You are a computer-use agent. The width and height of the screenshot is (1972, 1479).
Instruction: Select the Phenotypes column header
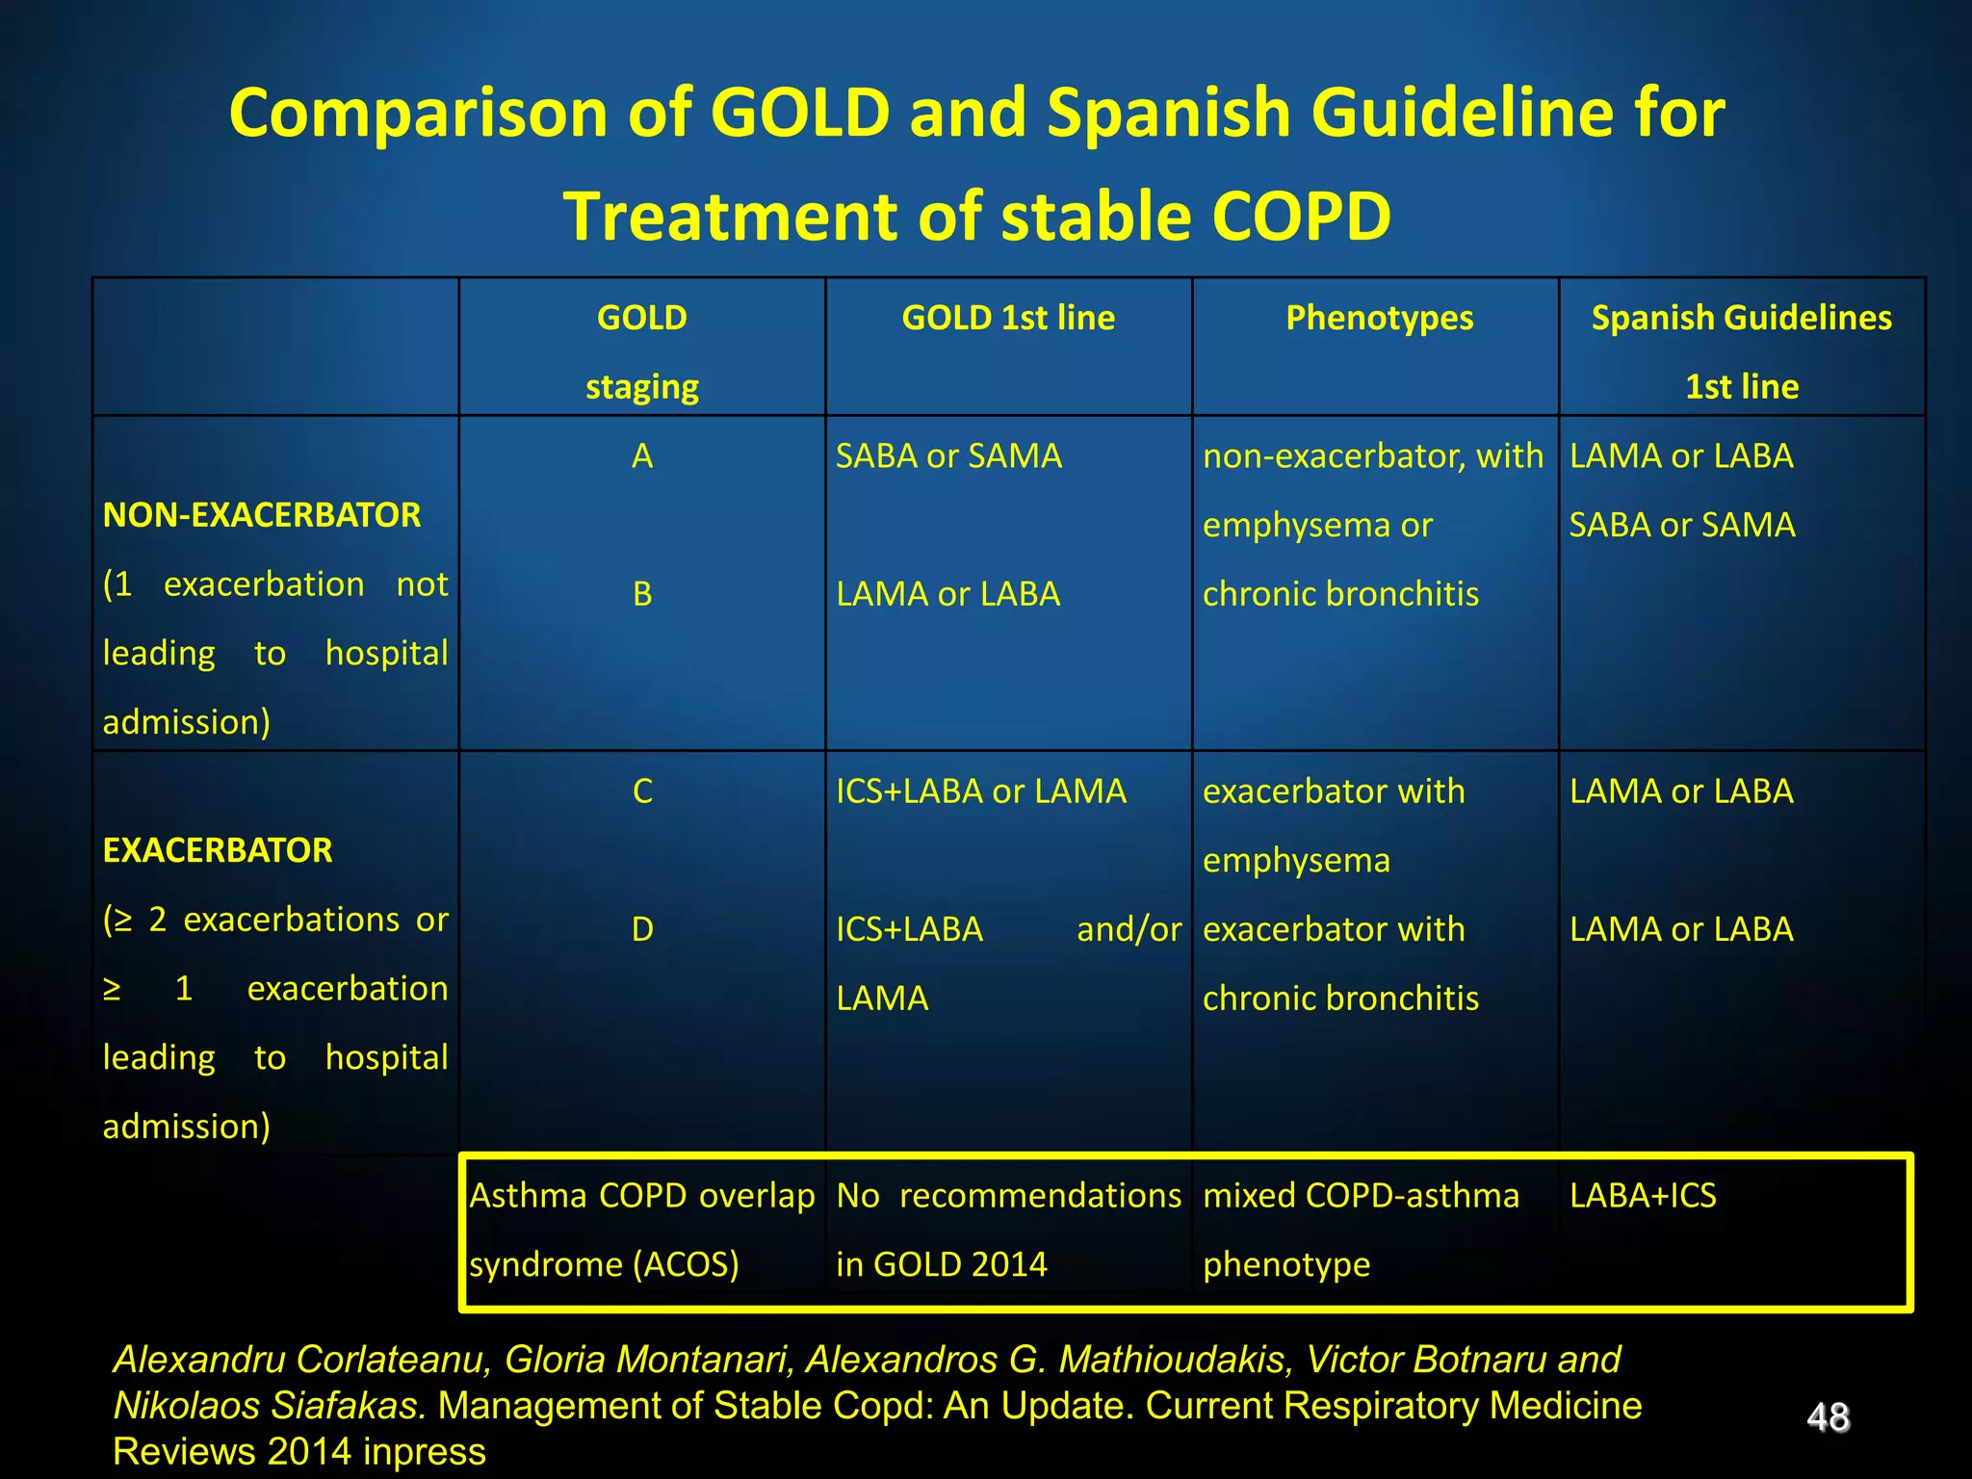pyautogui.click(x=1379, y=318)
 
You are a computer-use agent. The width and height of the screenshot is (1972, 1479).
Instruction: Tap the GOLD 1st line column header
pyautogui.click(x=1008, y=318)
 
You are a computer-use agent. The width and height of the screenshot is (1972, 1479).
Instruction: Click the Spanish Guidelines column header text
pyautogui.click(x=1741, y=318)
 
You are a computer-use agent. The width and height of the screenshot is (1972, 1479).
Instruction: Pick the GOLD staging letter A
pyautogui.click(x=642, y=456)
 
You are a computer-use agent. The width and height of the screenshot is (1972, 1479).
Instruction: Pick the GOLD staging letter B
pyautogui.click(x=642, y=594)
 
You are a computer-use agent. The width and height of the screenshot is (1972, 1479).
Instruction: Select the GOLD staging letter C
pyautogui.click(x=642, y=791)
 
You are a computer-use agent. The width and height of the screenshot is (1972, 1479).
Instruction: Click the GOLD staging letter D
pyautogui.click(x=642, y=930)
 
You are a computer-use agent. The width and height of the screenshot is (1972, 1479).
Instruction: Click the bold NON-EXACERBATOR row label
pyautogui.click(x=262, y=515)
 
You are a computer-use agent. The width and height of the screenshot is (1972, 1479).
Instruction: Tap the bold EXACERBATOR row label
pyautogui.click(x=218, y=850)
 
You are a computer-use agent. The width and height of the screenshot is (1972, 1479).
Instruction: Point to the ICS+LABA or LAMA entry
pyautogui.click(x=980, y=791)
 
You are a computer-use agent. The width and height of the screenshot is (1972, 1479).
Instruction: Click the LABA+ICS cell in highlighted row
pyautogui.click(x=1643, y=1196)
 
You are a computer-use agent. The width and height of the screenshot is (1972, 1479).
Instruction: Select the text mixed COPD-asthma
pyautogui.click(x=1361, y=1196)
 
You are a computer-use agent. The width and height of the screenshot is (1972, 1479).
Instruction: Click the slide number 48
pyautogui.click(x=1828, y=1417)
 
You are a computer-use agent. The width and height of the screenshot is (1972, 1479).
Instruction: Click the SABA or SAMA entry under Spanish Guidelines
pyautogui.click(x=1681, y=525)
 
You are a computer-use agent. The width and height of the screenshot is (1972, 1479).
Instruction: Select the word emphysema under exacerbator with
pyautogui.click(x=1296, y=860)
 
